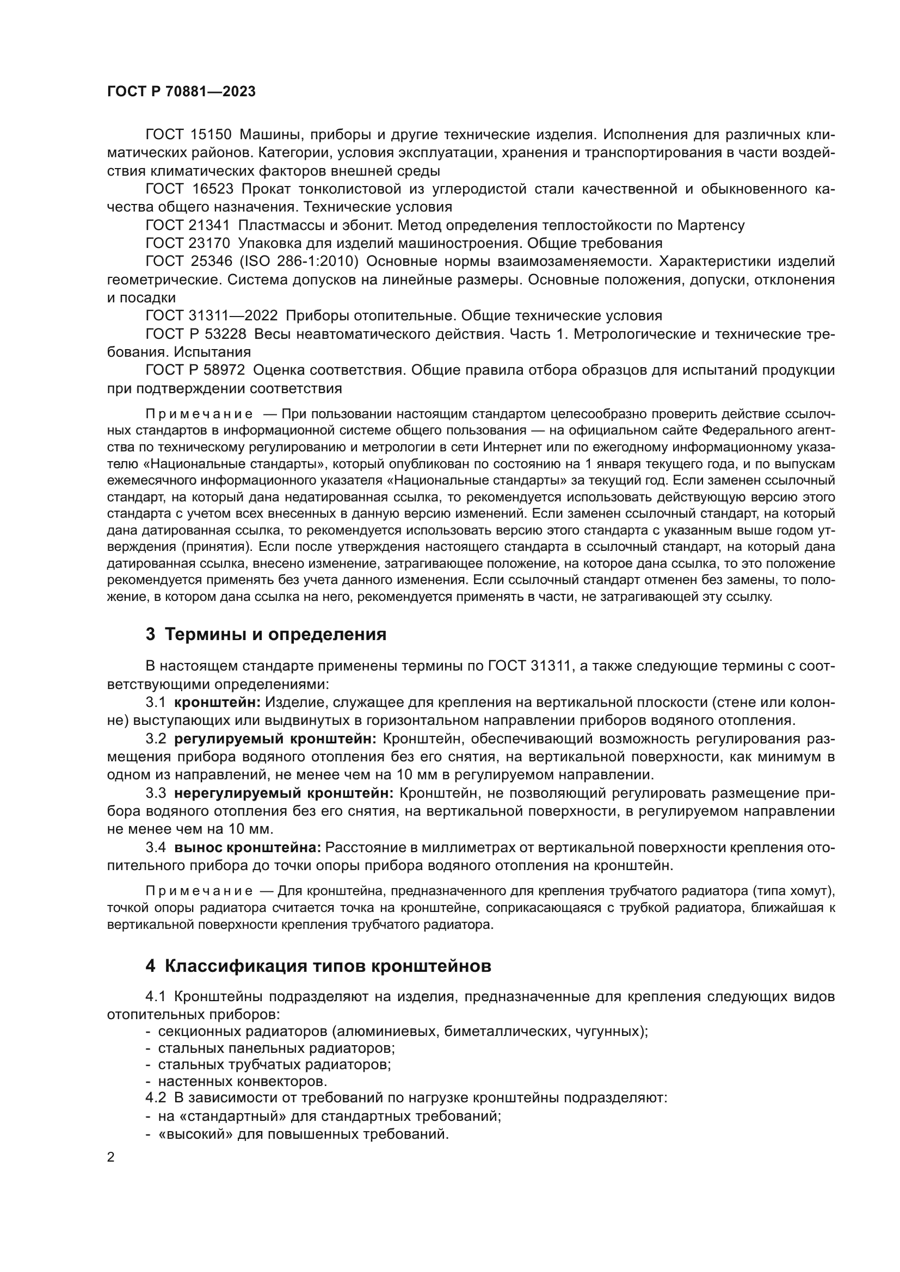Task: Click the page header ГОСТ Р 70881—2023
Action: pos(181,92)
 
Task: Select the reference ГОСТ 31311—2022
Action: pos(211,316)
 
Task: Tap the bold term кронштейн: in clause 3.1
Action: pos(217,703)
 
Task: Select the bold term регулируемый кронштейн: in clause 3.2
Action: pos(275,739)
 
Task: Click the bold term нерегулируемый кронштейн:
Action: pos(283,793)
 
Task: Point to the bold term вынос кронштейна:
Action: pos(248,848)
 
